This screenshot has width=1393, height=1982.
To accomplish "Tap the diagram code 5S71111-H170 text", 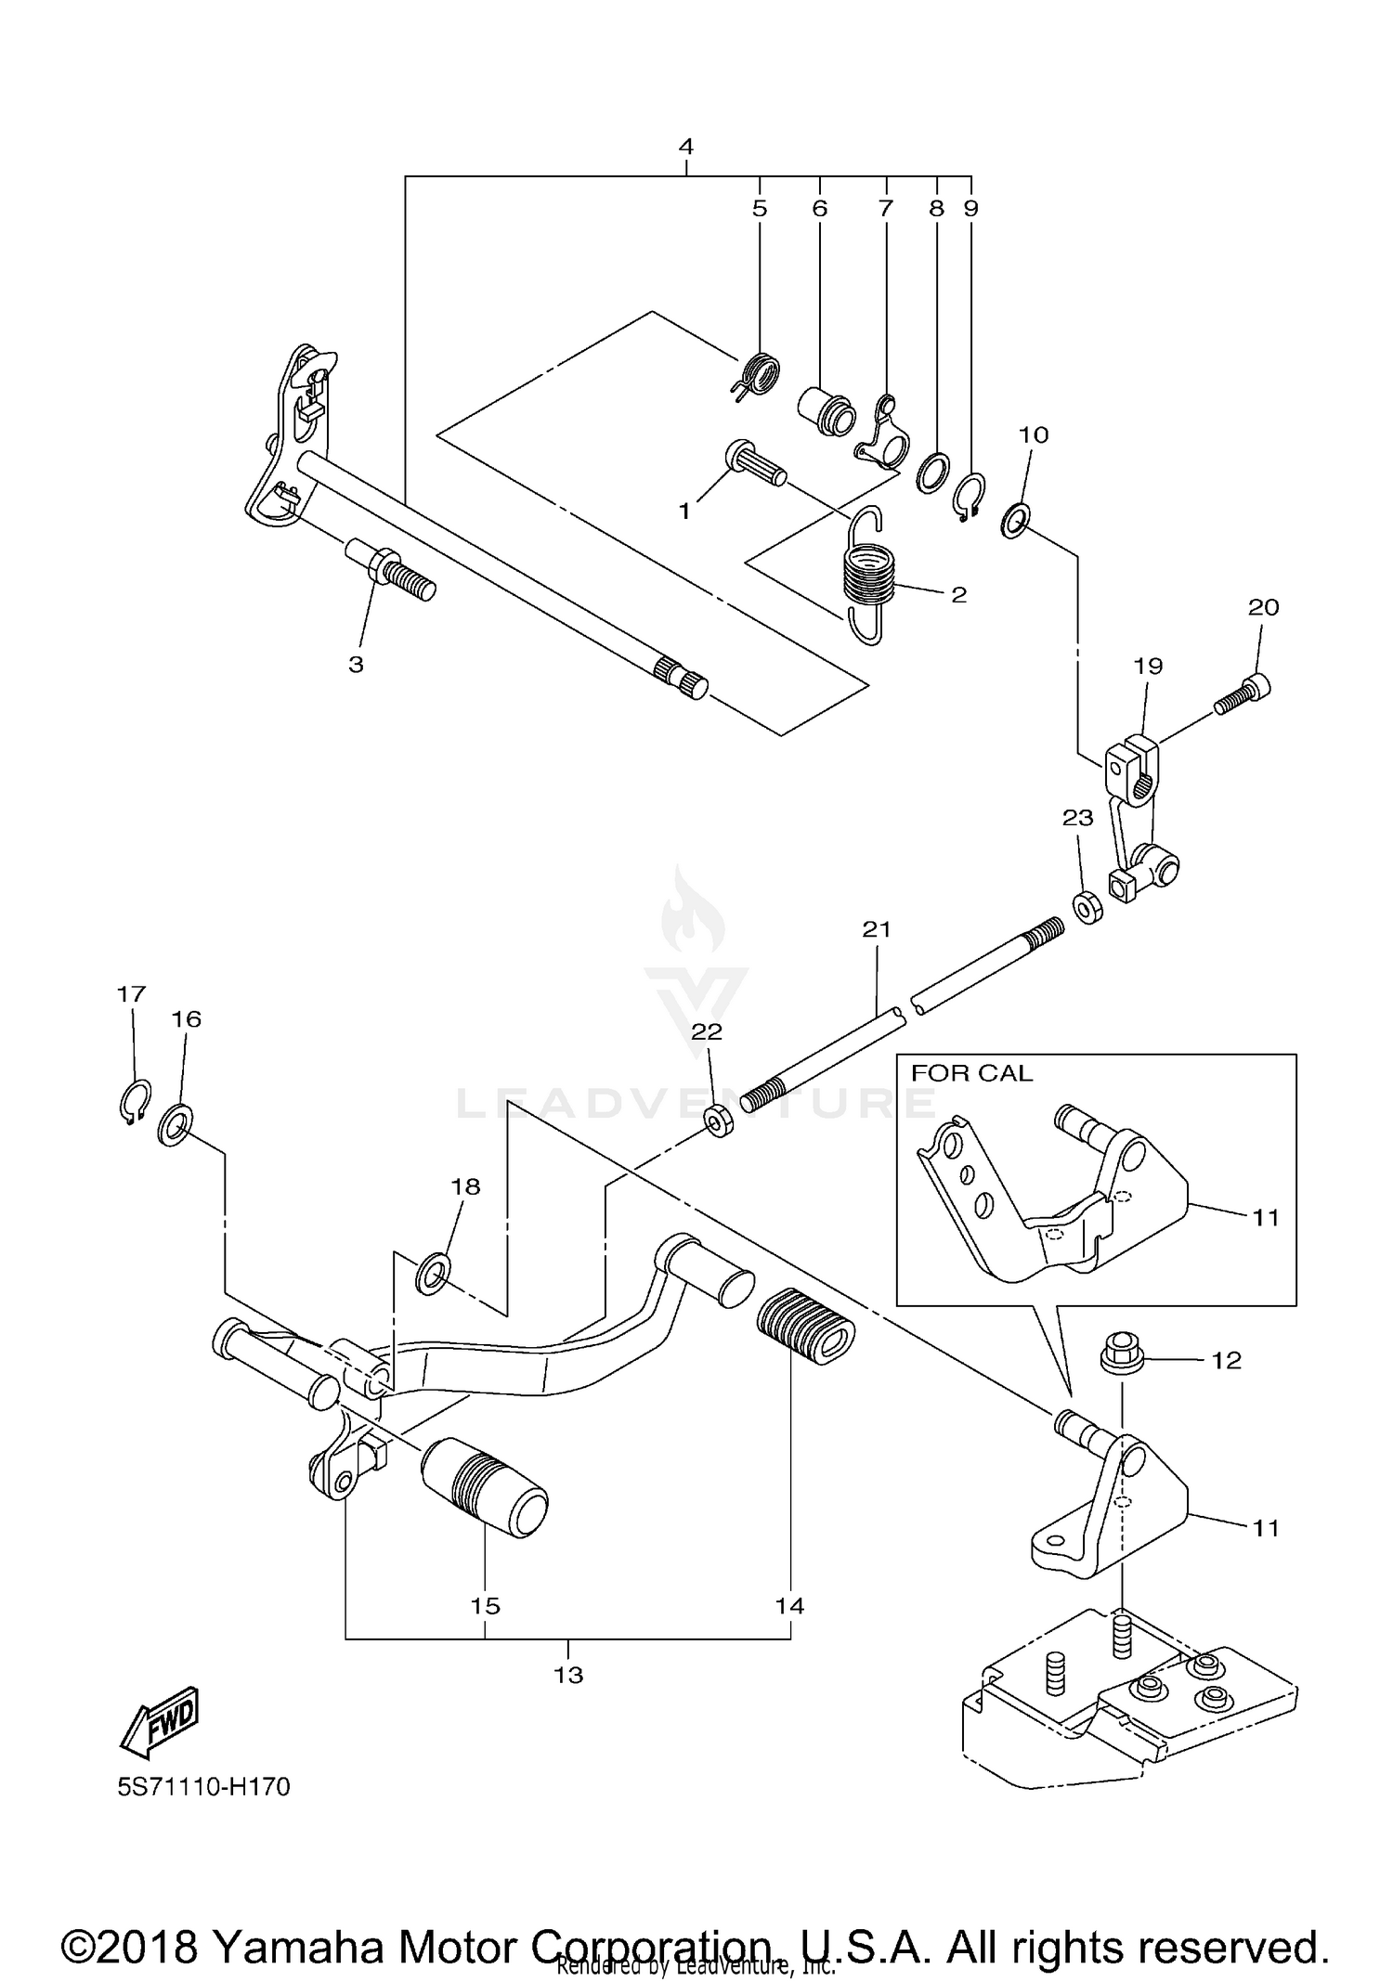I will [203, 1787].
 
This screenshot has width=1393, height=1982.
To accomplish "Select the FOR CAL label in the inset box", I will [970, 1073].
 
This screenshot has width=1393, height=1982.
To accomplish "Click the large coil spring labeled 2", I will [868, 576].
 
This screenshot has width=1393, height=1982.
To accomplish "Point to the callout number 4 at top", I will [685, 147].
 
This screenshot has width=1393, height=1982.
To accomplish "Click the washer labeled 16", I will [176, 1124].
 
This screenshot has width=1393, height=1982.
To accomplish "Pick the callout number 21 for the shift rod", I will [876, 929].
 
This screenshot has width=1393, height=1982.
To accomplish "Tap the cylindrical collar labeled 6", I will [827, 411].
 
